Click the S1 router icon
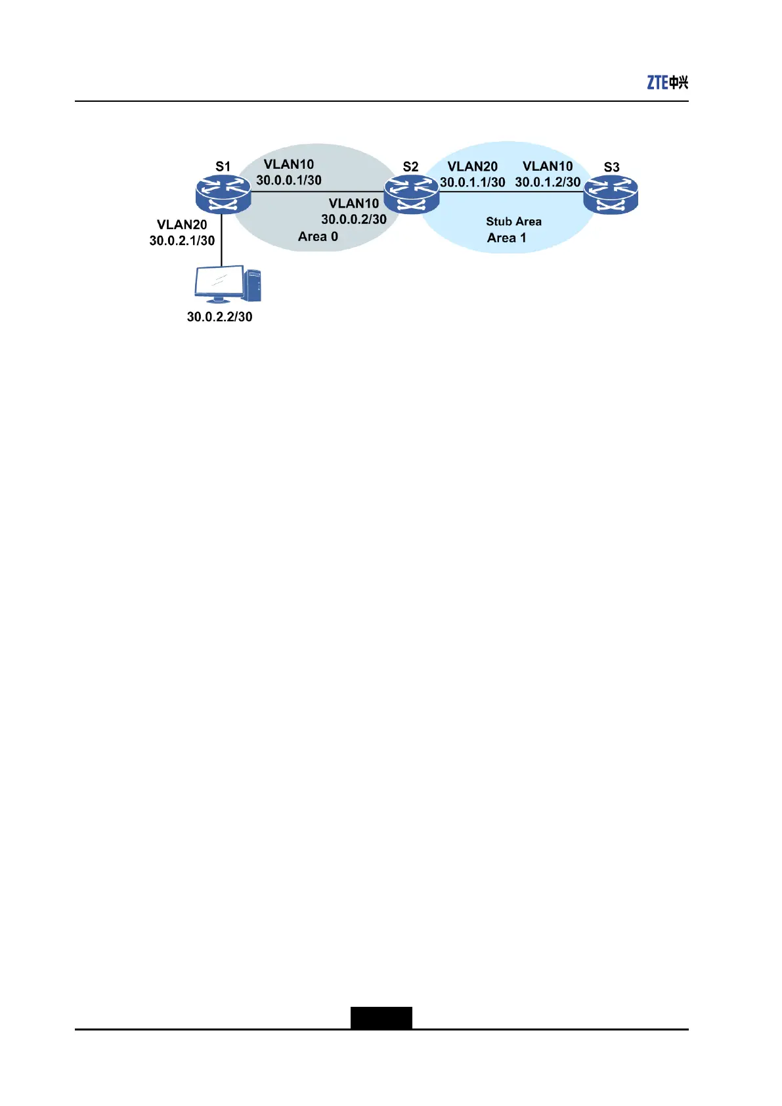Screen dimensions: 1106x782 tap(223, 194)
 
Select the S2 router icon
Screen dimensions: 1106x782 tap(411, 194)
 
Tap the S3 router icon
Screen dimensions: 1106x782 tap(611, 194)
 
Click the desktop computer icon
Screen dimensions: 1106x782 tap(228, 284)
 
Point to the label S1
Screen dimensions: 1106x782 tap(223, 167)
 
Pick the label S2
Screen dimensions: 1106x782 tap(410, 167)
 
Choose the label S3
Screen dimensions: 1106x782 tap(611, 167)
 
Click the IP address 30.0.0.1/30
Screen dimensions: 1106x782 tap(289, 181)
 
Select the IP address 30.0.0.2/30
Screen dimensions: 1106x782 tap(354, 219)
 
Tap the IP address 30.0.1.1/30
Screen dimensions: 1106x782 tap(473, 183)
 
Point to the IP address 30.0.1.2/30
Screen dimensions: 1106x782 tap(548, 182)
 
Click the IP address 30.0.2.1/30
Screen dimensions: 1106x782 tap(182, 240)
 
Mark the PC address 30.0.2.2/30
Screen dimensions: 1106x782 tap(219, 317)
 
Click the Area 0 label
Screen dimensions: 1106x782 tap(318, 236)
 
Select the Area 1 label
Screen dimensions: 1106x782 tap(506, 238)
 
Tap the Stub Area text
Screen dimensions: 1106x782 tap(513, 221)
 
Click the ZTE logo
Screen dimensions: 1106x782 tap(667, 82)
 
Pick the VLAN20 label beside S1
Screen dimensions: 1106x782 tap(182, 225)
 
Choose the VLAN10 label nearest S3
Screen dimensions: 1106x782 tap(548, 166)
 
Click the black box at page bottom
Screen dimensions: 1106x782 tap(381, 1017)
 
